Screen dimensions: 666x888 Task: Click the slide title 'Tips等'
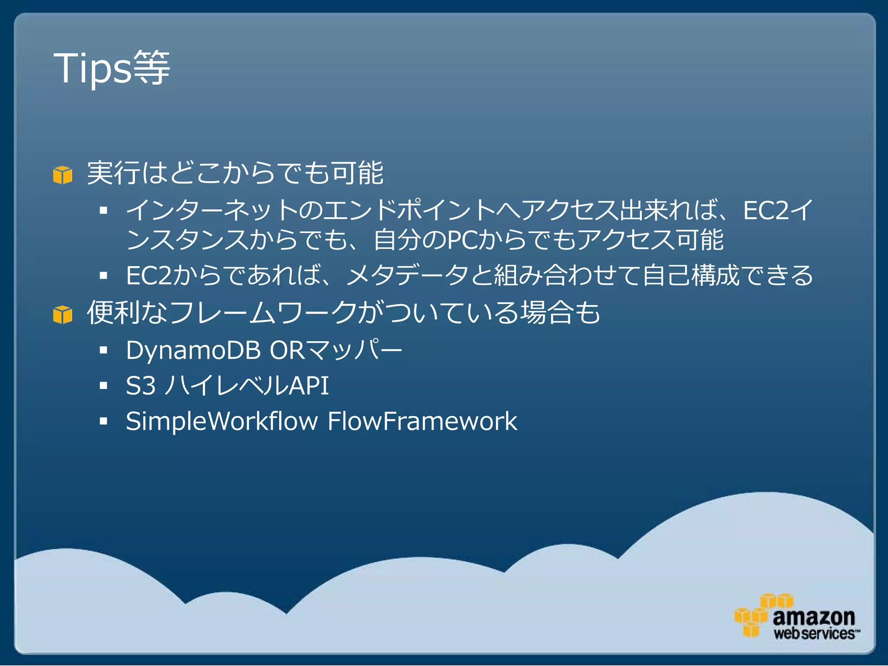[x=112, y=68]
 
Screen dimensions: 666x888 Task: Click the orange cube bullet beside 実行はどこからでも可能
[x=63, y=175]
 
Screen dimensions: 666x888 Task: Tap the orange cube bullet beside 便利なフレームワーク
[x=63, y=314]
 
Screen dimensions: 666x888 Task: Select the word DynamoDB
[x=193, y=350]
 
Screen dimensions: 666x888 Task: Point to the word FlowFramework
[x=422, y=421]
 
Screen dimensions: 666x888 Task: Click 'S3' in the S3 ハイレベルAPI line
[x=140, y=385]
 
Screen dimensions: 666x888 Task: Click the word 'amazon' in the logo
[x=814, y=617]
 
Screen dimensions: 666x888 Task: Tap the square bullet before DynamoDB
[x=103, y=350]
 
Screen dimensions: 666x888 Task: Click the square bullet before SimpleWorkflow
[x=103, y=421]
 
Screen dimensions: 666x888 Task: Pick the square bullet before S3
[x=103, y=385]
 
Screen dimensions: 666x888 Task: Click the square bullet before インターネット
[x=103, y=211]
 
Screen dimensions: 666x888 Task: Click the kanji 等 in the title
[x=151, y=68]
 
